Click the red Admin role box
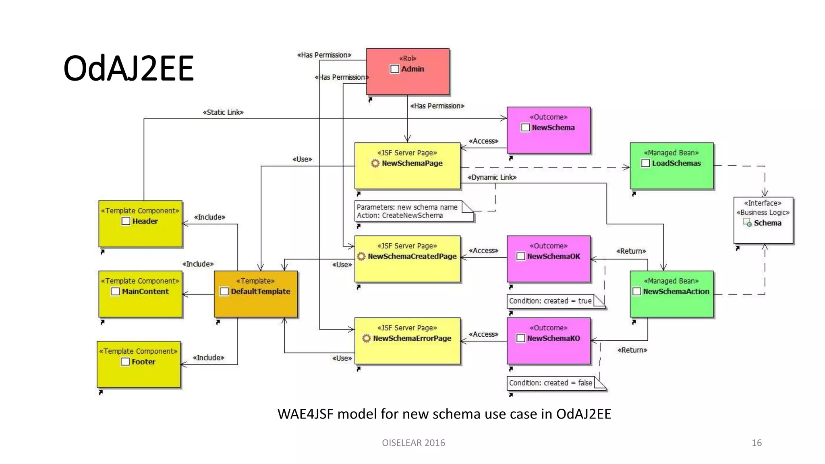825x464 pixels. click(x=407, y=72)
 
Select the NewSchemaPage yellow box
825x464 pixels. click(x=407, y=166)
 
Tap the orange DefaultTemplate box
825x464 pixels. click(x=256, y=294)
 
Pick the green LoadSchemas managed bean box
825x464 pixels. click(x=671, y=166)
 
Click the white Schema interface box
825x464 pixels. click(x=763, y=220)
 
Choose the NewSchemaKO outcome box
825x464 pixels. click(x=548, y=341)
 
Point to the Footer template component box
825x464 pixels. click(x=139, y=364)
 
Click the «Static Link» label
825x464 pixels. click(x=223, y=112)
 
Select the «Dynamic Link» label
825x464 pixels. click(x=492, y=177)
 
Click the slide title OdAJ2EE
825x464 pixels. click(x=129, y=68)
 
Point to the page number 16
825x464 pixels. click(x=756, y=443)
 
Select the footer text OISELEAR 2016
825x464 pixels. click(x=413, y=443)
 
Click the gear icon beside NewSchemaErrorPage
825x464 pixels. click(x=366, y=338)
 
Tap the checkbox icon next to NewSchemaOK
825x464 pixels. click(x=520, y=257)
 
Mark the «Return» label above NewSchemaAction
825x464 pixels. click(x=631, y=251)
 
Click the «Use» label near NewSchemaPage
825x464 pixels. click(x=302, y=159)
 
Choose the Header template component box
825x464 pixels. click(x=140, y=224)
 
